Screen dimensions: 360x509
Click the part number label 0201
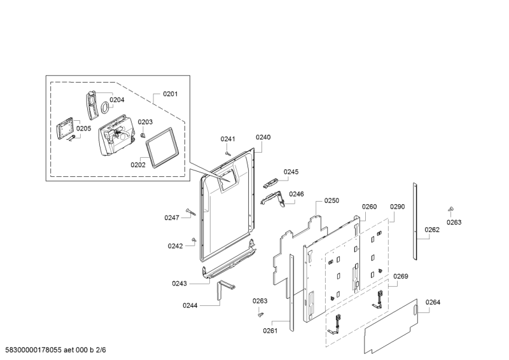(x=170, y=94)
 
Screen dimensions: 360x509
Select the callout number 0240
(x=263, y=137)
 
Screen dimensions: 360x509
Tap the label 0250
(x=331, y=200)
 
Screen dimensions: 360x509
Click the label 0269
(x=400, y=276)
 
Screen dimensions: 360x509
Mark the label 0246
(x=296, y=194)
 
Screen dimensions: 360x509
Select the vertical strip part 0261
(x=292, y=293)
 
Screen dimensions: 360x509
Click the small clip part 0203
(x=144, y=134)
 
